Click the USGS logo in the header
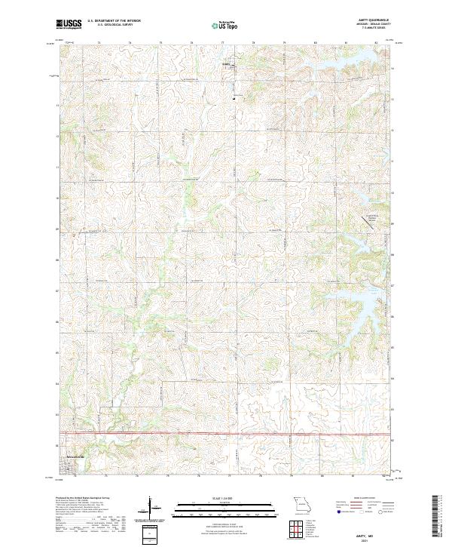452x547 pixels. (x=69, y=25)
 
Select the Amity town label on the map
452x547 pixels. (x=225, y=63)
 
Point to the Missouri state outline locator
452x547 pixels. (x=301, y=502)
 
